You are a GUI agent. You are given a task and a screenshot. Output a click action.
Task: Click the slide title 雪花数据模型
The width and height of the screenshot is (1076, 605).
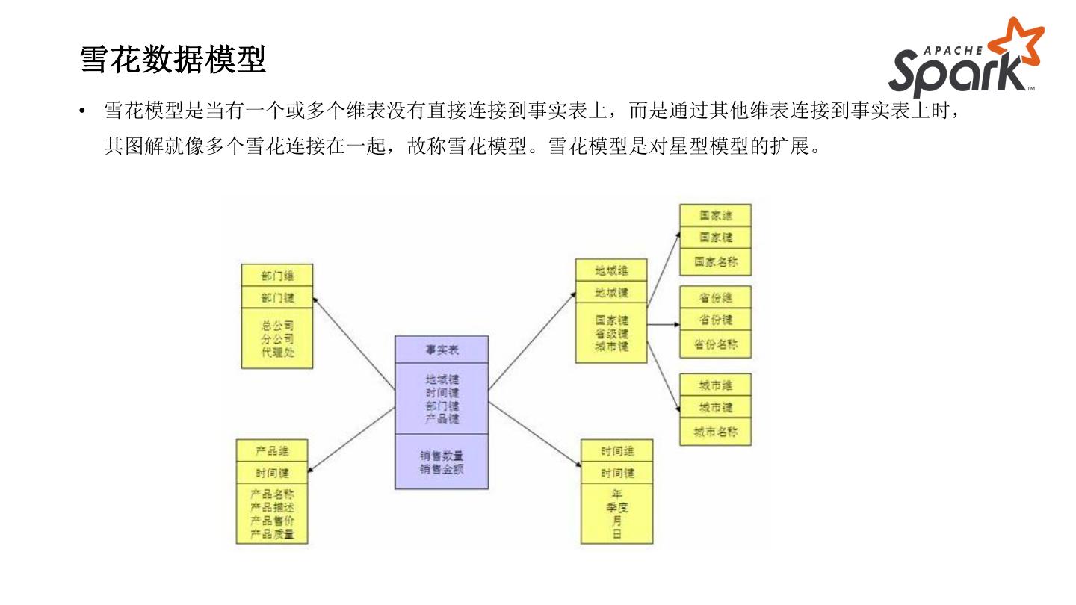(x=173, y=60)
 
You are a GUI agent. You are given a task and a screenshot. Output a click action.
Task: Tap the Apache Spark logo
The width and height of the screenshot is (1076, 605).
(x=965, y=59)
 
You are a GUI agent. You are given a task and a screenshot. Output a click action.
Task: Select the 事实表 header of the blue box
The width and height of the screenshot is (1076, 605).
(x=442, y=350)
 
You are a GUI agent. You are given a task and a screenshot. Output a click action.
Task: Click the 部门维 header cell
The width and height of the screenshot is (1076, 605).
(x=277, y=276)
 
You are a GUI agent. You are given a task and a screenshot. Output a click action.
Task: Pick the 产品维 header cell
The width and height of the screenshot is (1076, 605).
(x=272, y=451)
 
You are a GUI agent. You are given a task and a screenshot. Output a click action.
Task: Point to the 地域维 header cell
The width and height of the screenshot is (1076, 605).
(x=611, y=270)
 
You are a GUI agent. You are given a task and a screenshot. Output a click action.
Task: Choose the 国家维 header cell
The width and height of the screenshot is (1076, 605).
(x=715, y=215)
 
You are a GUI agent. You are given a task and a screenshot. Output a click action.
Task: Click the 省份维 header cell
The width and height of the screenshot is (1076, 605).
(x=715, y=297)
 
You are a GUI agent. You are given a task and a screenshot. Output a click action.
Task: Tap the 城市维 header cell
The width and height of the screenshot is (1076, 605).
(x=715, y=385)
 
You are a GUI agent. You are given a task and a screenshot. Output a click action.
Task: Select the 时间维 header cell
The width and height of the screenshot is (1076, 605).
(x=617, y=451)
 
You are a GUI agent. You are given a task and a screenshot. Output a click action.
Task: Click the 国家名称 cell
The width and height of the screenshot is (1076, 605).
(x=715, y=262)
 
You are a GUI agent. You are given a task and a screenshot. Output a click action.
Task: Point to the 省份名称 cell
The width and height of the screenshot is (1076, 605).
(x=715, y=344)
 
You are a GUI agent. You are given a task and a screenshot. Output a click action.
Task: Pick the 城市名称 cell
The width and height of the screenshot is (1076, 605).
(x=715, y=432)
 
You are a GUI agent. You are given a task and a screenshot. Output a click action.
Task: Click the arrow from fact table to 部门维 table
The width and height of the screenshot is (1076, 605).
(x=353, y=342)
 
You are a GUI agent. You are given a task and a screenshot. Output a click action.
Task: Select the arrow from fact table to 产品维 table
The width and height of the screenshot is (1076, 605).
(x=350, y=440)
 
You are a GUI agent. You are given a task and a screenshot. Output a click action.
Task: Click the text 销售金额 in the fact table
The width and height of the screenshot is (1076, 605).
(x=442, y=469)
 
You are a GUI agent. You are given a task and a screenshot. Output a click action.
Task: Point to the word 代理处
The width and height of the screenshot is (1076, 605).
(x=277, y=352)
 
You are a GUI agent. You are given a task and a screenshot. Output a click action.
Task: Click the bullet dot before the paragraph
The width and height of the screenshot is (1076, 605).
(x=84, y=113)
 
